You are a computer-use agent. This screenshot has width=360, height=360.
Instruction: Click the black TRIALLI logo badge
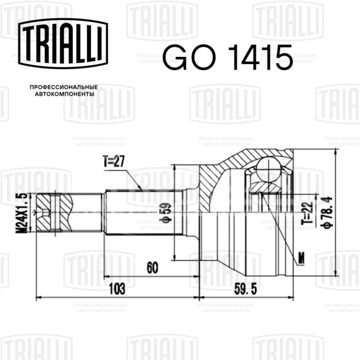(63, 43)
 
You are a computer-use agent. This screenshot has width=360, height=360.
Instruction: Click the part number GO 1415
(228, 57)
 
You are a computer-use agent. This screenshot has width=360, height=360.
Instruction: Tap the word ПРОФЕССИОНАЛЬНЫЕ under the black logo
(64, 87)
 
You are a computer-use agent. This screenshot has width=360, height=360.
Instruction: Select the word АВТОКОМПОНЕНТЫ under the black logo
(65, 94)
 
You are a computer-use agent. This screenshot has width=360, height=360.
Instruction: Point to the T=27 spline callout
(114, 161)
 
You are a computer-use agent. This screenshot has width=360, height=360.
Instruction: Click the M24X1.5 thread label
(21, 213)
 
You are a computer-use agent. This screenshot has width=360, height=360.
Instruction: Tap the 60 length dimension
(152, 267)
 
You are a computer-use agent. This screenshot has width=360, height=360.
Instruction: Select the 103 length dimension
(117, 288)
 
